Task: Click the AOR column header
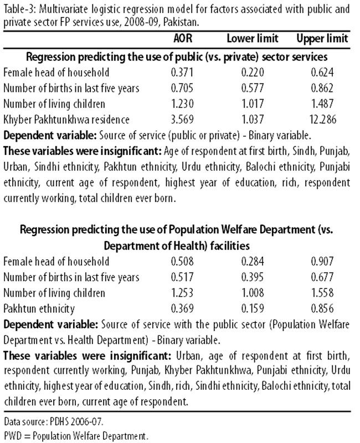[183, 38]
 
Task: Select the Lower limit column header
[253, 38]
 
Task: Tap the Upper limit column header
[322, 39]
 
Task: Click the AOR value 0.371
[182, 73]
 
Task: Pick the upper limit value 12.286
[322, 120]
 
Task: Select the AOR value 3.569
[182, 120]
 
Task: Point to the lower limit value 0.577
[253, 88]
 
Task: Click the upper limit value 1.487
[322, 104]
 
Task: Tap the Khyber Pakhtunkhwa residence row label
[66, 120]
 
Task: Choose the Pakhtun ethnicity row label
[39, 309]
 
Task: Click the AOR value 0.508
[182, 261]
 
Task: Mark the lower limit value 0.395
[253, 277]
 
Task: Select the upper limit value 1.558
[322, 293]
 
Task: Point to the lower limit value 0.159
[253, 308]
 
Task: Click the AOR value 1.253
[182, 293]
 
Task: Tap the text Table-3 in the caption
[20, 9]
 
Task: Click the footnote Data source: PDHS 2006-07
[54, 422]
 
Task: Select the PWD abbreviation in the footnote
[13, 436]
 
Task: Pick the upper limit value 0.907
[322, 261]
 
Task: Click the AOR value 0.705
[182, 88]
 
